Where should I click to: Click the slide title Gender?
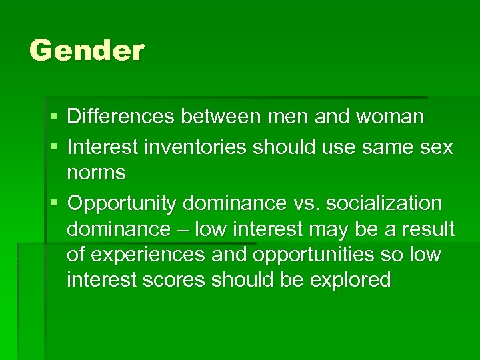[87, 51]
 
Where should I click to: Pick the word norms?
[96, 173]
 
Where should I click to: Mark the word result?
[427, 229]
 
